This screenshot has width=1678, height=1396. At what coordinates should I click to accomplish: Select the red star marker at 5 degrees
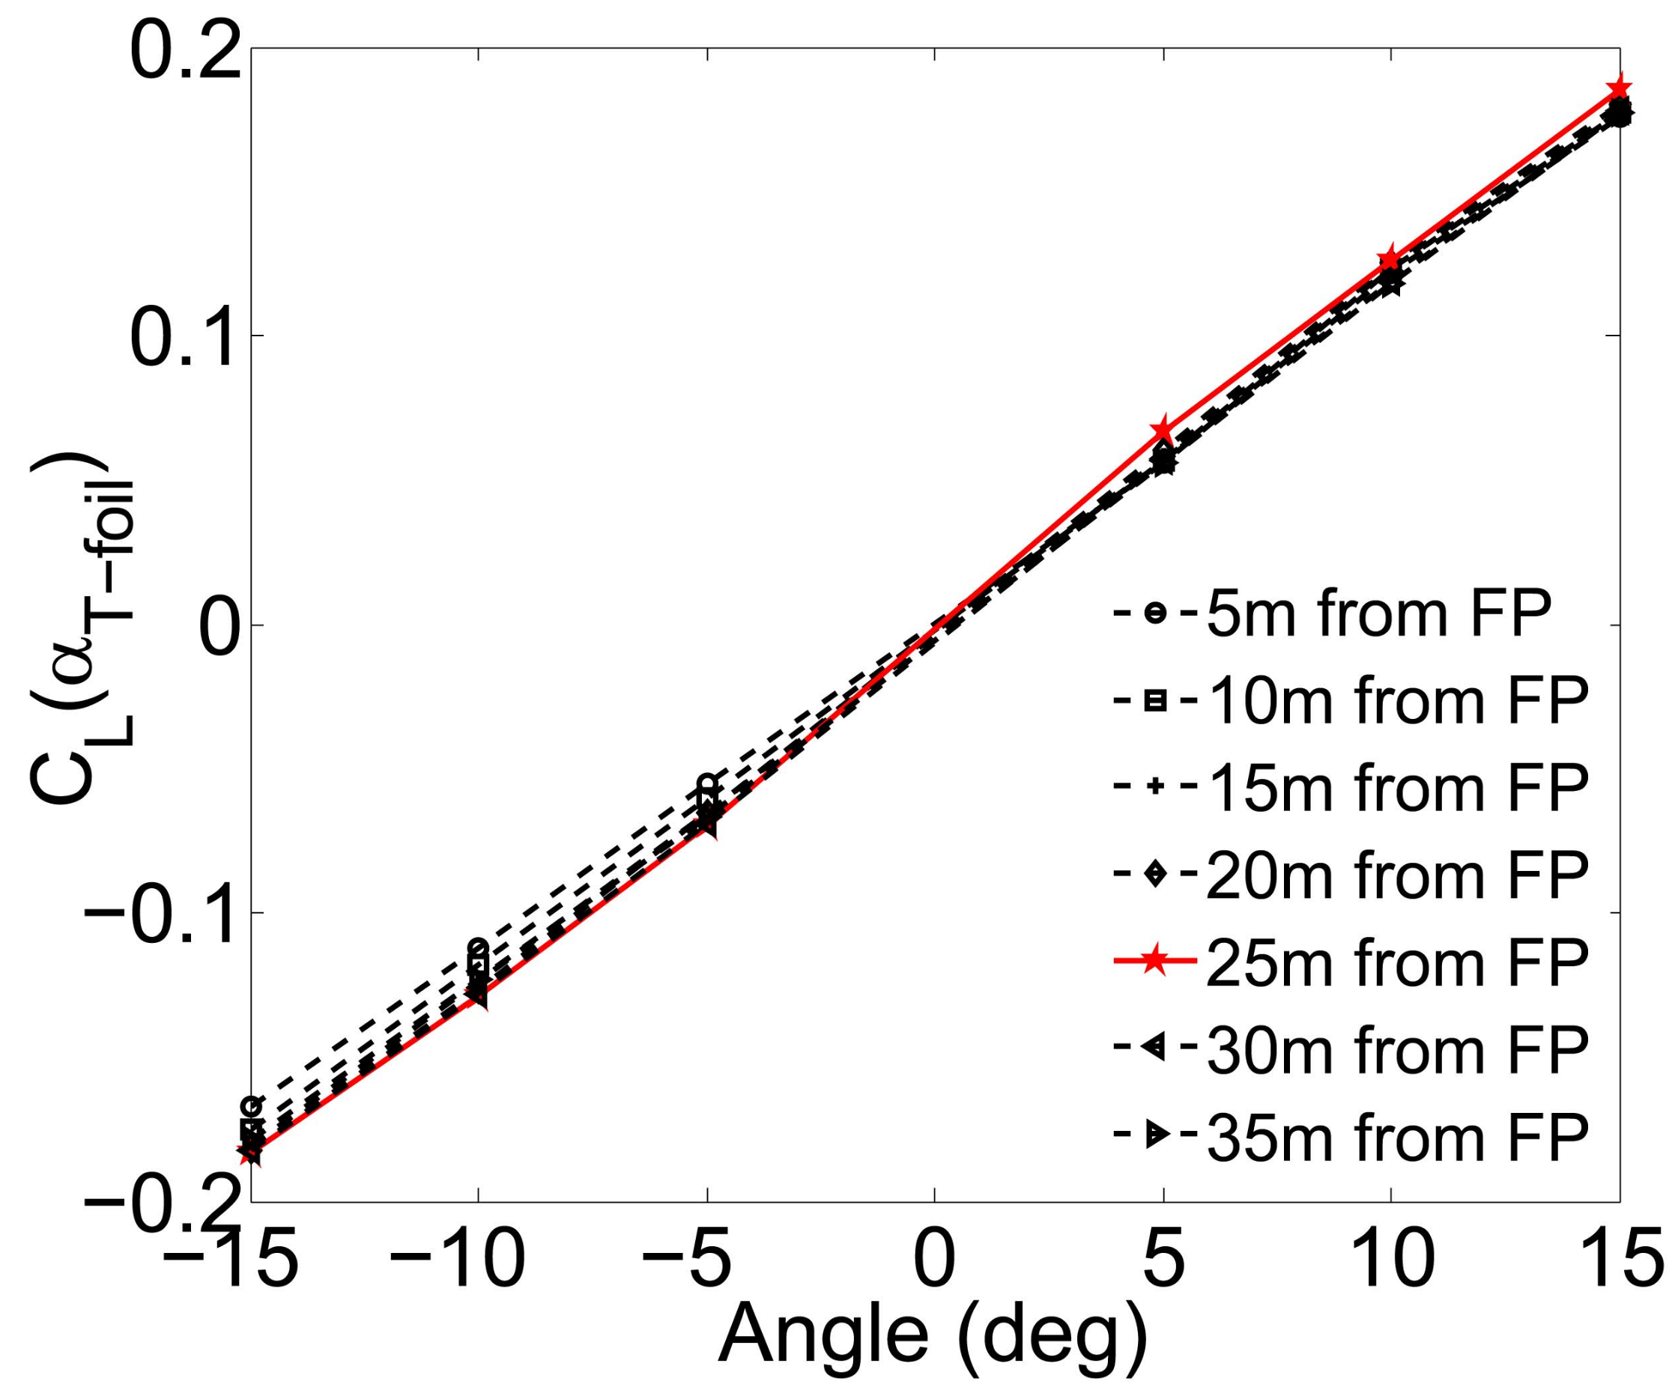pos(1163,430)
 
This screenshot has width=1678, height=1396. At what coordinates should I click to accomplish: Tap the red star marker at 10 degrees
pos(1391,258)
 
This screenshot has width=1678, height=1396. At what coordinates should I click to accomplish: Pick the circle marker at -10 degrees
pos(478,947)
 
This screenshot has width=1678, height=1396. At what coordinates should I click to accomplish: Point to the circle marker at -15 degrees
pos(252,1106)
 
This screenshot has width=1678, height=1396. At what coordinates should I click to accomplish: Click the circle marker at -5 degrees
pos(706,781)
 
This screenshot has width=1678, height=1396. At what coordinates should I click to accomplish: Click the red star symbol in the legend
pos(1153,963)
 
